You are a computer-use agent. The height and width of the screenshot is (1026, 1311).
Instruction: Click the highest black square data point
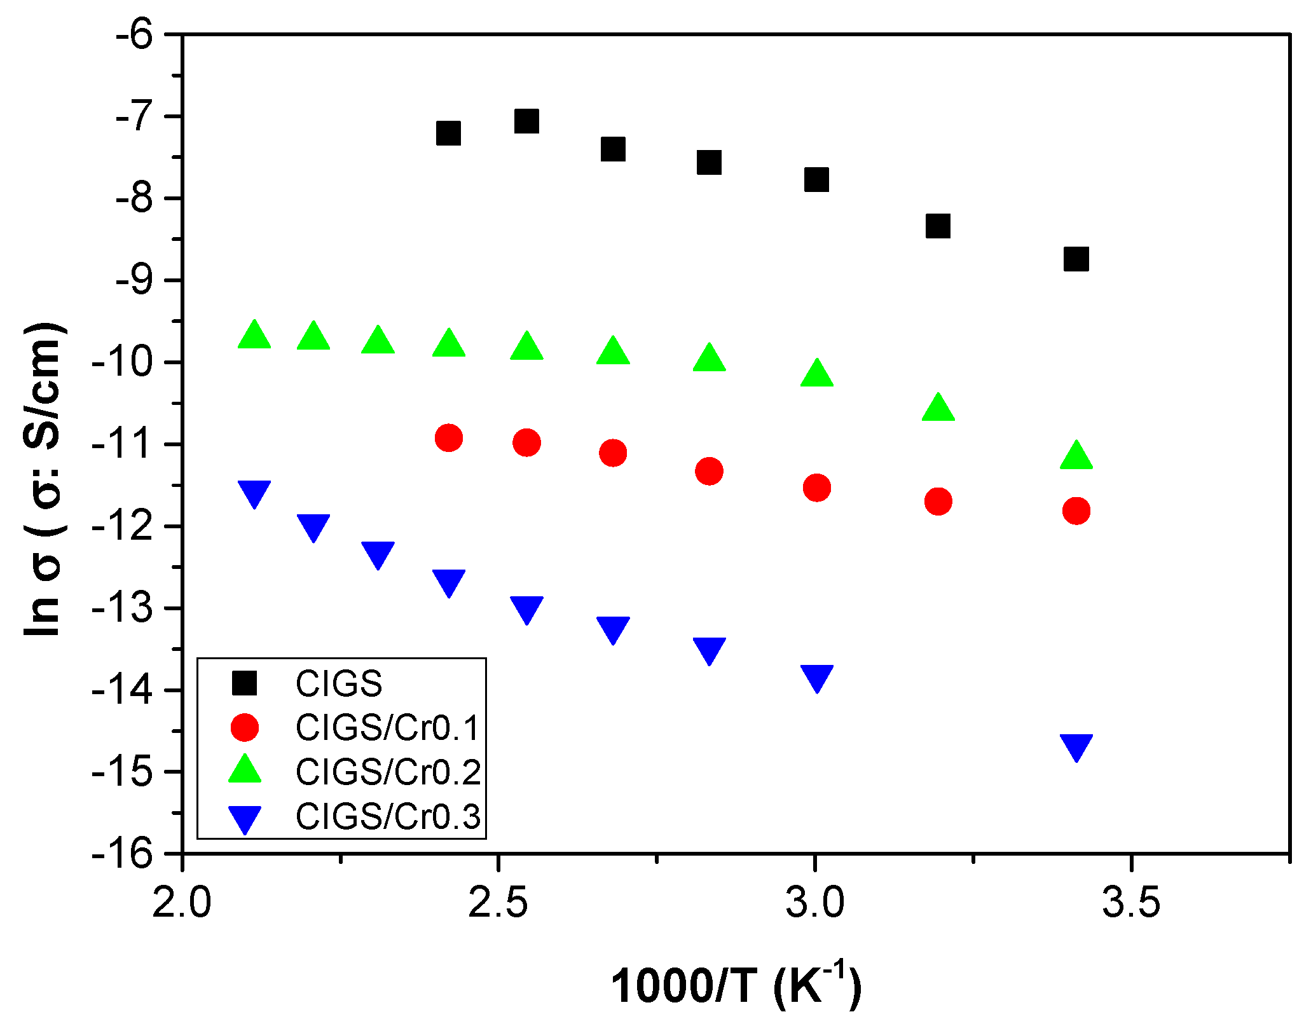click(526, 120)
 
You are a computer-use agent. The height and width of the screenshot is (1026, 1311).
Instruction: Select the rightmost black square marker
click(1076, 259)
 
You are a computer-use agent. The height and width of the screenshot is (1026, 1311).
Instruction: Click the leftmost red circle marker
click(449, 437)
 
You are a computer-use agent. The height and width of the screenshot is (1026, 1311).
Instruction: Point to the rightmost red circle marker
click(1076, 510)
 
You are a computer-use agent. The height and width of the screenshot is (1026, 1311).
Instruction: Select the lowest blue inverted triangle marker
click(1076, 746)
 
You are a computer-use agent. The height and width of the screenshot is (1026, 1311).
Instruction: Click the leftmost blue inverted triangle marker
click(254, 493)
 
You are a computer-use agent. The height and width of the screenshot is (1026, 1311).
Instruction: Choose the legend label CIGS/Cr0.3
click(388, 817)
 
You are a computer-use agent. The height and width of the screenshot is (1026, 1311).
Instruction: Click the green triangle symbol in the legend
click(245, 770)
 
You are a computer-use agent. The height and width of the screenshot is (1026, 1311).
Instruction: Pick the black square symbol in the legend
click(245, 683)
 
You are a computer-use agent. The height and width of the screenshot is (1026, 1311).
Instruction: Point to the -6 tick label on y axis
click(134, 34)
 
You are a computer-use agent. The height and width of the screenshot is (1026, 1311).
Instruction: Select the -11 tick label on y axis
click(124, 444)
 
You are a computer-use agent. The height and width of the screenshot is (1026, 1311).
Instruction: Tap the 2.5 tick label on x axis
click(498, 903)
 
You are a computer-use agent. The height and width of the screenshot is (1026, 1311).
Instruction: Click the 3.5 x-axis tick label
click(1131, 903)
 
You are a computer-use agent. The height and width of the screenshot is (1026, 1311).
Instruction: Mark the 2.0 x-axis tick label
click(182, 903)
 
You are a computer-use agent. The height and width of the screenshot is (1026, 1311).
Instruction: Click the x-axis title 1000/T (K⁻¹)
click(736, 986)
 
